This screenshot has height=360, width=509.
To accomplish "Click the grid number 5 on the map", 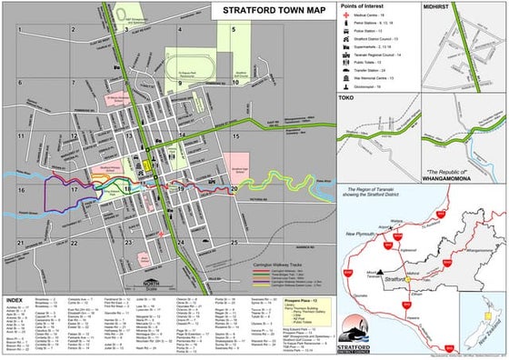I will point(233,28).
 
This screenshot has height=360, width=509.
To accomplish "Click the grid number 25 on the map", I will point(234,243).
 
